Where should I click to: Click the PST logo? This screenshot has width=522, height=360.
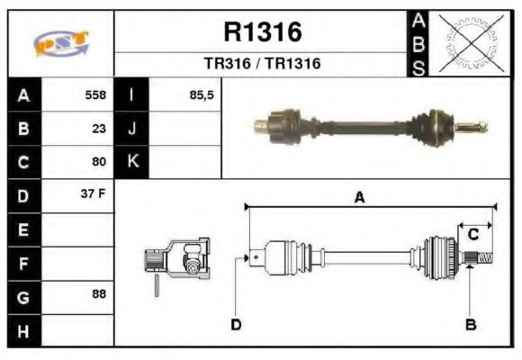point(61,42)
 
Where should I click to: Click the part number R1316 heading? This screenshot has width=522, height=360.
point(262,32)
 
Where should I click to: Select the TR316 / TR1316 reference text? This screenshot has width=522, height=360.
point(262,64)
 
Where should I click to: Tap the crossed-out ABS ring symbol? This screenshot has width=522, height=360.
point(467,42)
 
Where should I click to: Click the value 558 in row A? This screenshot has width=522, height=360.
point(95,95)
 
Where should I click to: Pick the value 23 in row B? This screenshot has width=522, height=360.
point(99,129)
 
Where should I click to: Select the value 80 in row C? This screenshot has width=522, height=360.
point(99,162)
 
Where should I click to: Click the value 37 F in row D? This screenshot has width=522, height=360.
point(94,194)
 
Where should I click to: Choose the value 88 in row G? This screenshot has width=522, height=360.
point(99,294)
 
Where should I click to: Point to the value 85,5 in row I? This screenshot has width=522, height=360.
point(202,95)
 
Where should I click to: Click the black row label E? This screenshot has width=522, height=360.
point(23,229)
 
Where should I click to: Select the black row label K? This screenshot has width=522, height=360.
point(132,162)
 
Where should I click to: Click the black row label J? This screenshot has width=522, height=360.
point(132,129)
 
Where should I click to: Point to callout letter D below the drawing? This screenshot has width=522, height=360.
point(236,324)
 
